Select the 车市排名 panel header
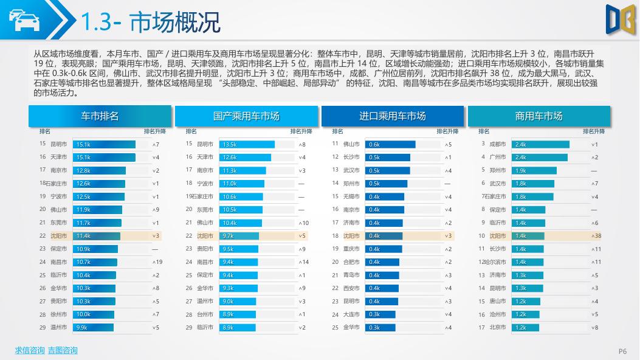(x=100, y=116)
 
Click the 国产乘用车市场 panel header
(x=246, y=116)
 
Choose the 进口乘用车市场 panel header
(x=393, y=116)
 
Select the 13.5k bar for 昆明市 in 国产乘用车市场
(x=247, y=145)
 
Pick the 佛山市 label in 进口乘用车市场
(x=351, y=144)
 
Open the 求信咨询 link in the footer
(x=30, y=350)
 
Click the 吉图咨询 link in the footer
(x=63, y=350)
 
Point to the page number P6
(x=622, y=351)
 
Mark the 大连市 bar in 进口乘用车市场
(x=380, y=314)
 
